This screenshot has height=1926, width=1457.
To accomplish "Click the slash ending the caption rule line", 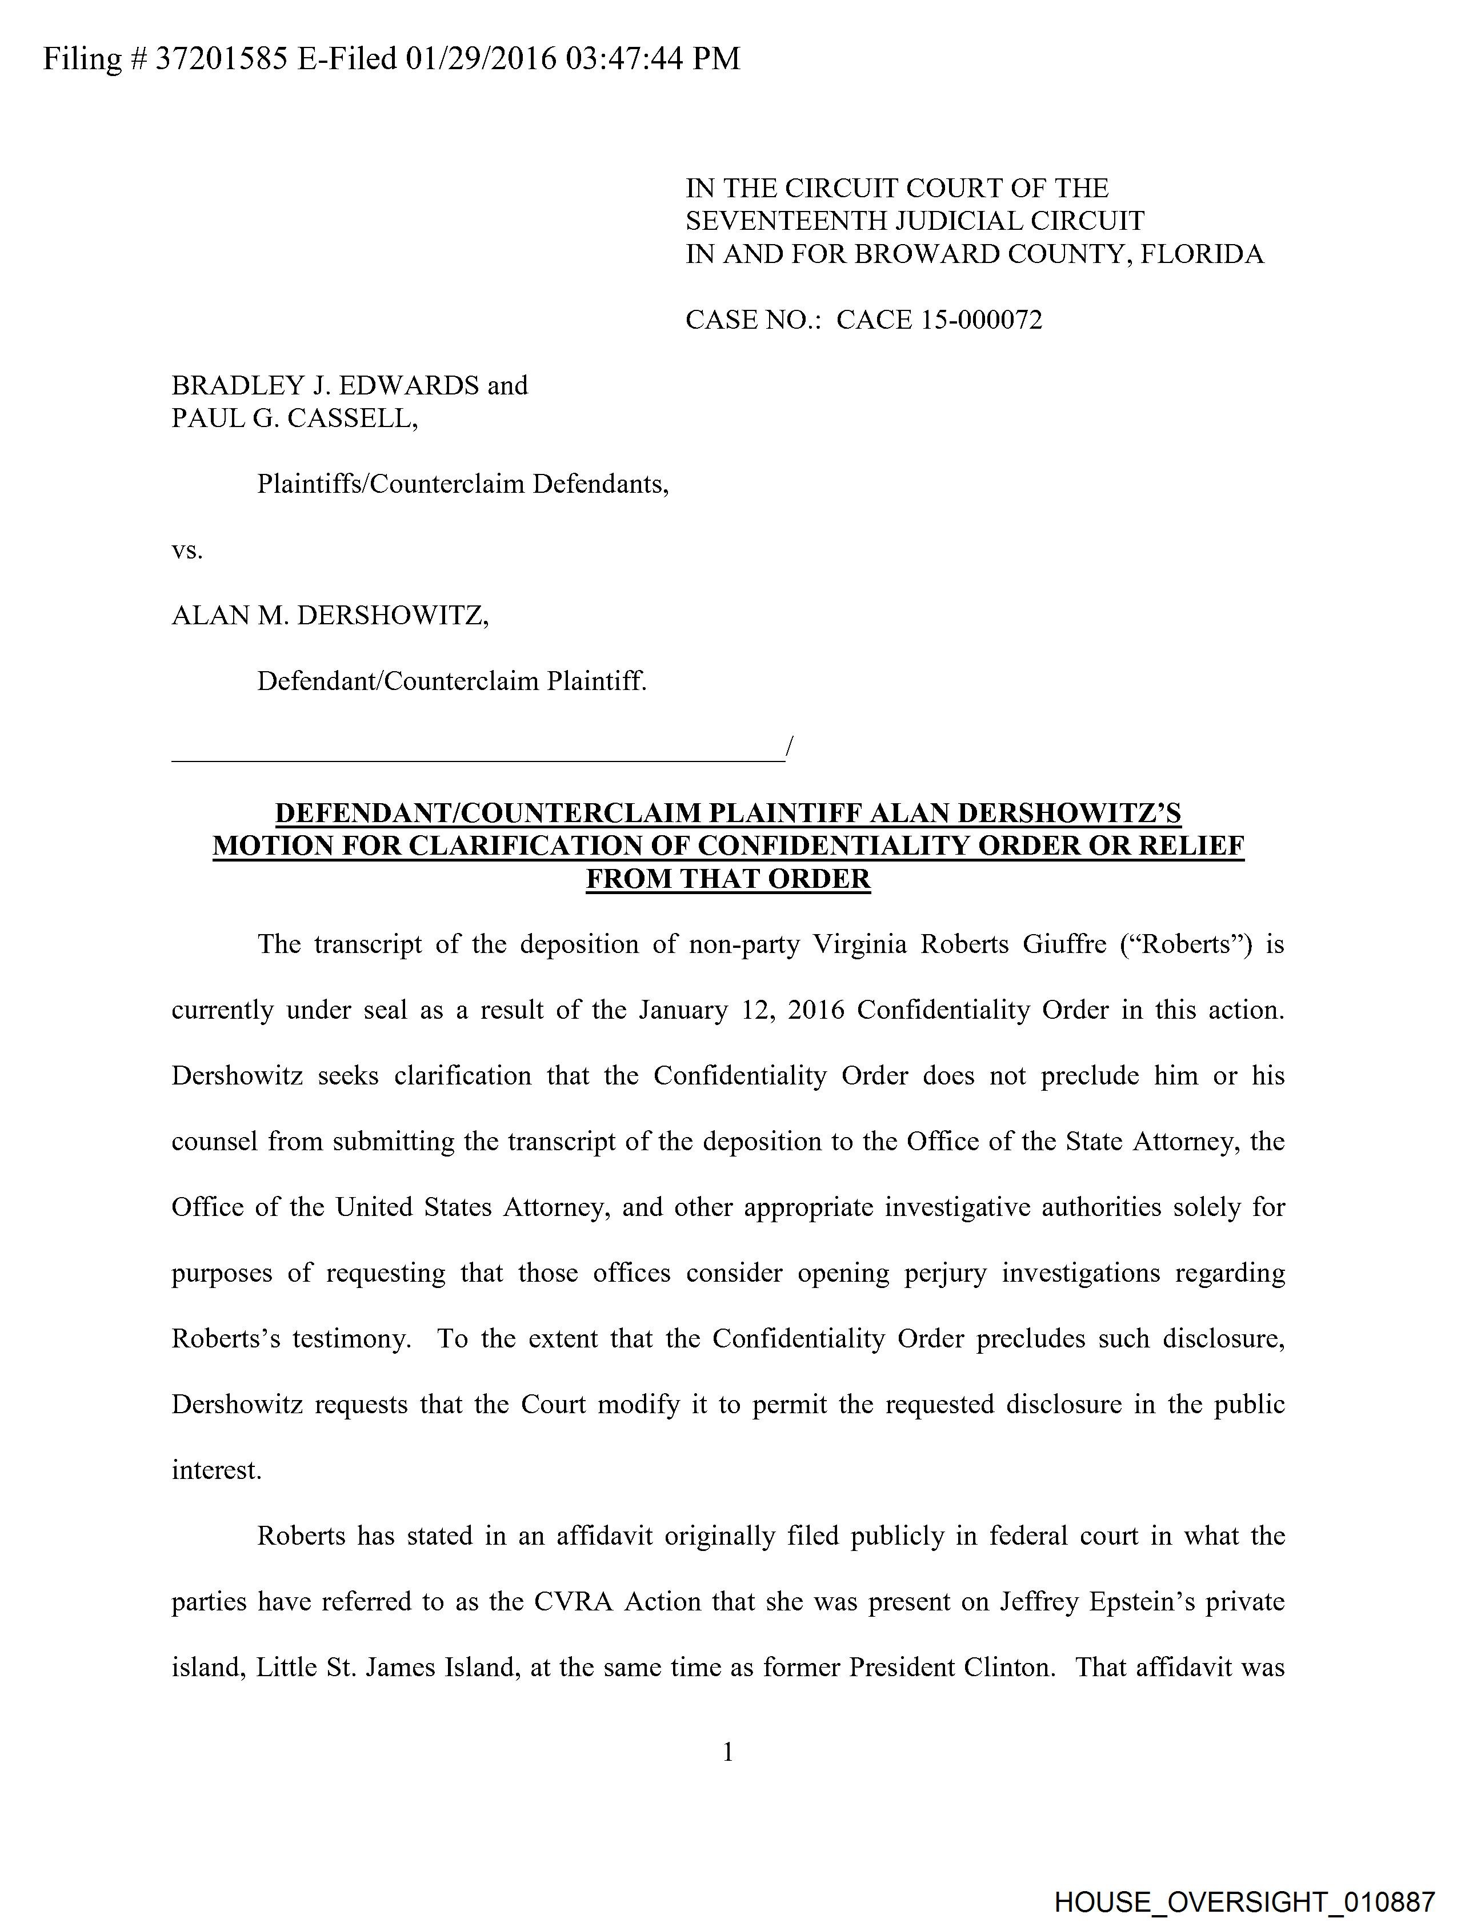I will coord(788,746).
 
